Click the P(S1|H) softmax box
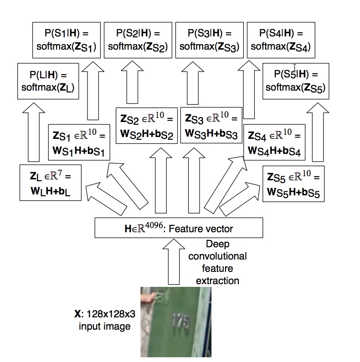(67, 40)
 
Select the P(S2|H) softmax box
(138, 40)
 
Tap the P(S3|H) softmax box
(210, 40)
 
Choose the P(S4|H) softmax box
(281, 40)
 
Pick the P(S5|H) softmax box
(296, 81)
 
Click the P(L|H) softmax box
(48, 81)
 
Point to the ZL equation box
(51, 183)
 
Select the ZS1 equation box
(79, 142)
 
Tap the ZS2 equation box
(147, 126)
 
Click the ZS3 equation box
(211, 125)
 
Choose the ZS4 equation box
(274, 142)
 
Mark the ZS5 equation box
(293, 184)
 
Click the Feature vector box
(179, 228)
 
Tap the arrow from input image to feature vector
(174, 261)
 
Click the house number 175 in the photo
(181, 321)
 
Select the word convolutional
(217, 256)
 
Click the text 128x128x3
(111, 314)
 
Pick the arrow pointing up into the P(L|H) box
(34, 133)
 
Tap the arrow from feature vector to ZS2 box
(161, 180)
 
